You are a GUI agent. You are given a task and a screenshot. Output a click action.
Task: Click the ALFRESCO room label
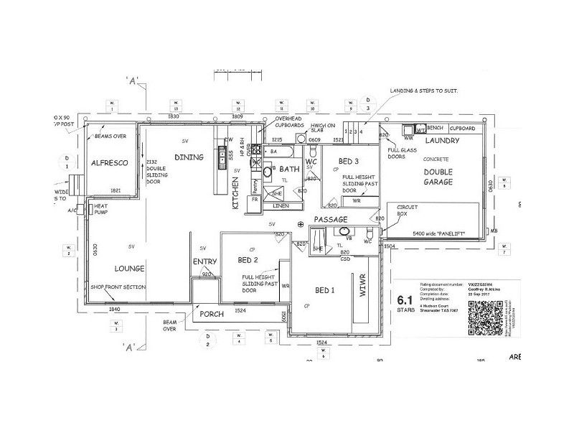click(x=109, y=164)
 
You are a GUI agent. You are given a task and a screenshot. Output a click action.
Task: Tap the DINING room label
click(x=189, y=157)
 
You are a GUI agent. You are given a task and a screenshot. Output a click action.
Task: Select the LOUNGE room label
click(x=129, y=269)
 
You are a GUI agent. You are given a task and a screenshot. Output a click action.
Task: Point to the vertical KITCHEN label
click(x=236, y=193)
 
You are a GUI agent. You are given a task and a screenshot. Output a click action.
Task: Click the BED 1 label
click(x=325, y=289)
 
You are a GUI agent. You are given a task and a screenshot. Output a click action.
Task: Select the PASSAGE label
click(x=330, y=219)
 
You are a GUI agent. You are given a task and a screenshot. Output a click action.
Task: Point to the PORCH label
click(x=212, y=315)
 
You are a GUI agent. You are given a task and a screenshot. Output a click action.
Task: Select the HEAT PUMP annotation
click(x=100, y=209)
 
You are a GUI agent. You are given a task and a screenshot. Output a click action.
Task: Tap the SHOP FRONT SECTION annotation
click(x=118, y=287)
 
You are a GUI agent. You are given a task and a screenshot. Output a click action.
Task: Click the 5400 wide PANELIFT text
click(x=440, y=234)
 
